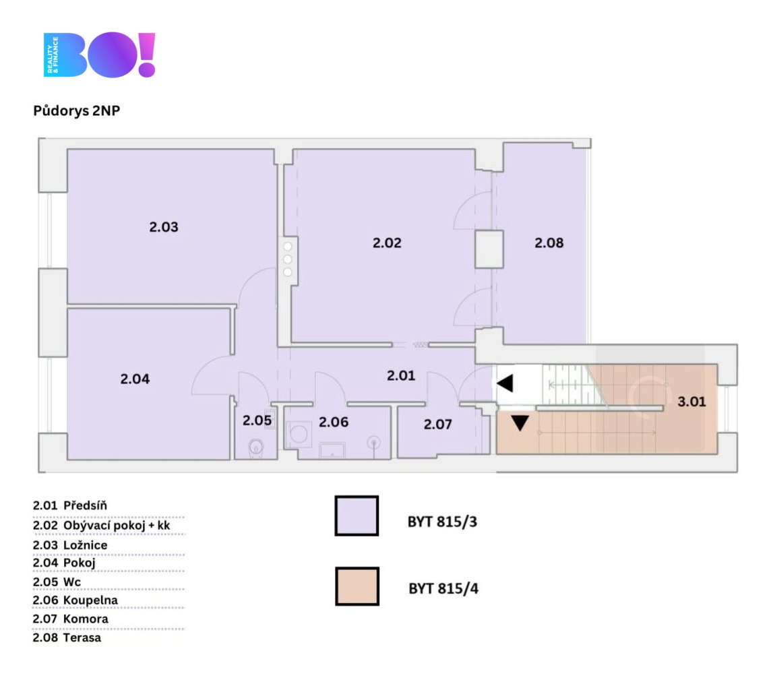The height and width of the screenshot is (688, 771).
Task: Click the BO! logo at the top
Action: click(x=100, y=55)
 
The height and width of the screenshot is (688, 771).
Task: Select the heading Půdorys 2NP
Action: click(x=76, y=111)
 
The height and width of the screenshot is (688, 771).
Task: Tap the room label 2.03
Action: click(x=164, y=227)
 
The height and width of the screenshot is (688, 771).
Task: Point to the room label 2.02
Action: click(x=387, y=243)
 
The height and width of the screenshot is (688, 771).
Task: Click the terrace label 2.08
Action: click(x=549, y=243)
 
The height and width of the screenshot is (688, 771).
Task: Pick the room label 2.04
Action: click(x=135, y=379)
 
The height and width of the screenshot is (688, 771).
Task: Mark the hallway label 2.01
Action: click(x=401, y=376)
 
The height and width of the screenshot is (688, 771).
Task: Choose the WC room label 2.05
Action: click(x=257, y=420)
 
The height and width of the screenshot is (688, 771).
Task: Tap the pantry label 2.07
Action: click(x=437, y=425)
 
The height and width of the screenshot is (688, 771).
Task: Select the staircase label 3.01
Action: click(x=691, y=402)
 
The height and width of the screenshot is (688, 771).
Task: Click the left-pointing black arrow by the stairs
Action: click(x=505, y=383)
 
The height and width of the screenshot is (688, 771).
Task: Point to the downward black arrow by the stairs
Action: click(x=520, y=423)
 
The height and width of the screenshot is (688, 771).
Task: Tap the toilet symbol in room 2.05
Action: click(x=255, y=447)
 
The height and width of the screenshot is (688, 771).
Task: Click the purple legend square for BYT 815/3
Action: click(x=357, y=515)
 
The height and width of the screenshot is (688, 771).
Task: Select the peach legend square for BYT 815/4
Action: click(x=357, y=586)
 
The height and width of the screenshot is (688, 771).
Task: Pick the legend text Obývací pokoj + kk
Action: click(x=121, y=525)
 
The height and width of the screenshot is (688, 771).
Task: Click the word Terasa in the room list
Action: click(x=82, y=637)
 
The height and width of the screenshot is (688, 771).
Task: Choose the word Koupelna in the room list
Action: click(x=90, y=600)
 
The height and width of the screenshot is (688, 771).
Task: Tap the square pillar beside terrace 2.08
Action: click(x=489, y=249)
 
